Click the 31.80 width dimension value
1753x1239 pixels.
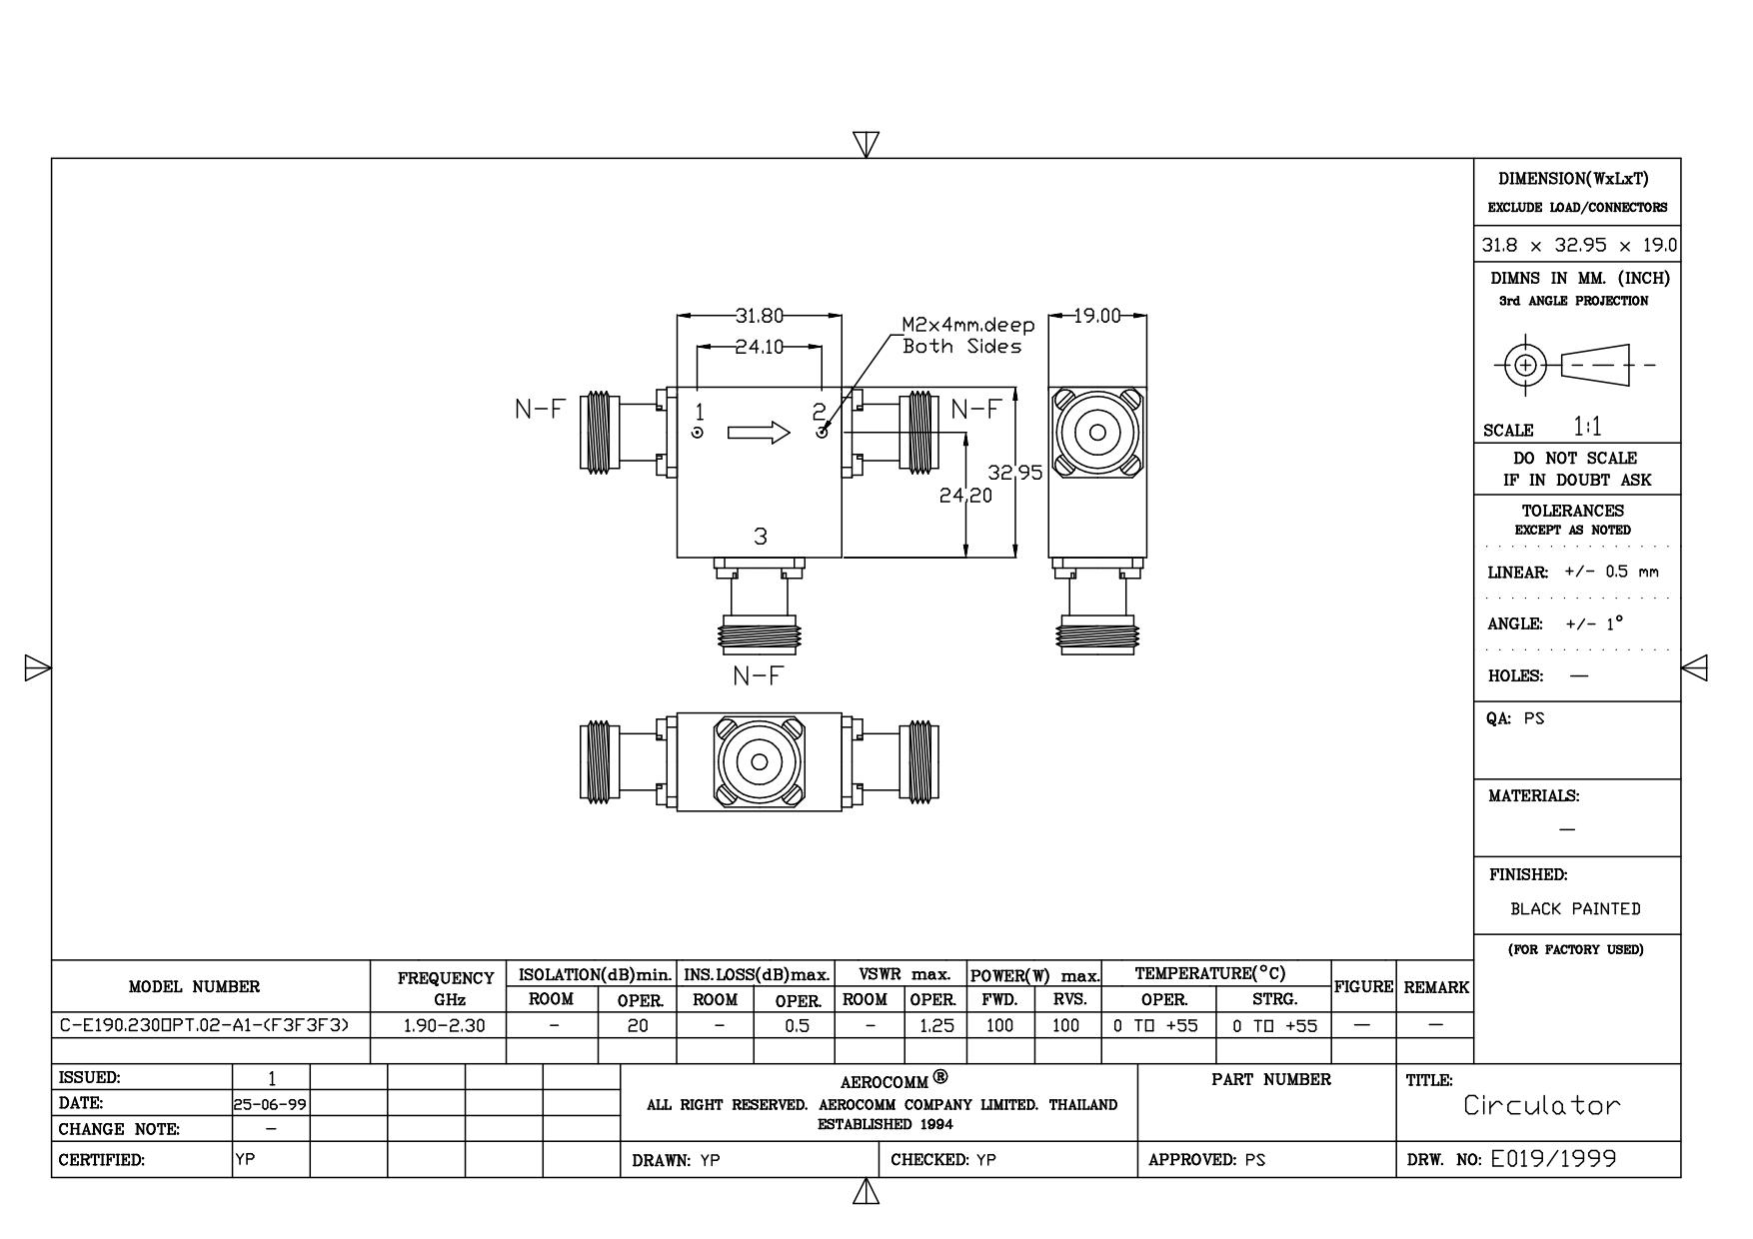click(x=760, y=317)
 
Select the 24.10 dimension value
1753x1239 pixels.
click(x=760, y=348)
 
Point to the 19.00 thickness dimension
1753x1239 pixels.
click(x=1097, y=317)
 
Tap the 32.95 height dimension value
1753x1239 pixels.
click(x=1015, y=473)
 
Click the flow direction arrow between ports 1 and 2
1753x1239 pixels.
click(x=759, y=433)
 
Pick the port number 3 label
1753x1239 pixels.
click(x=761, y=537)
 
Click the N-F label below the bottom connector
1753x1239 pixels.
click(x=759, y=676)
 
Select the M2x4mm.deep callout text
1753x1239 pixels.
click(x=968, y=326)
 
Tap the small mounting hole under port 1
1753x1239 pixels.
click(x=698, y=433)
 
